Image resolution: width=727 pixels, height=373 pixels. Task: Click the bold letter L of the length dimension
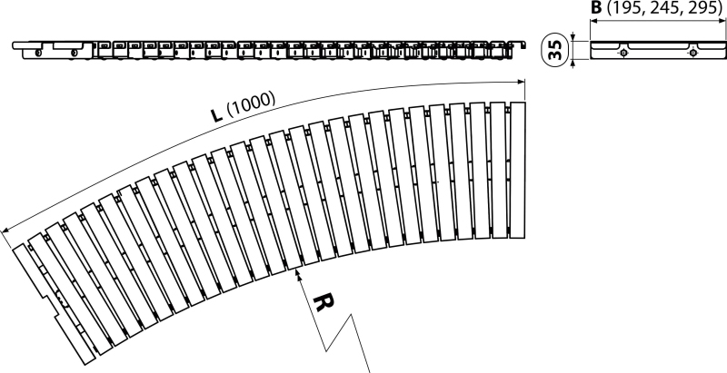click(216, 113)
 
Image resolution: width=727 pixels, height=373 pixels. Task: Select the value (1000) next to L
click(251, 104)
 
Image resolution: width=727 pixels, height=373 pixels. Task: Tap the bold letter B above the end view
click(596, 8)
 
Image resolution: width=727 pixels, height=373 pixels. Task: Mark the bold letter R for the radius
click(324, 301)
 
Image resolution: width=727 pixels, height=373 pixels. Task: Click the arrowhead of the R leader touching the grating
click(298, 274)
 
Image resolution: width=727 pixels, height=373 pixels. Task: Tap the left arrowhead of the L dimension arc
click(6, 231)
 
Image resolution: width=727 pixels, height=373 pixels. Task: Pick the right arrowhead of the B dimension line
click(722, 21)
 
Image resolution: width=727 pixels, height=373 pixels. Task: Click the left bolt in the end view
click(624, 53)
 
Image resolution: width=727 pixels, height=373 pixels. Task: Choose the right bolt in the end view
click(692, 53)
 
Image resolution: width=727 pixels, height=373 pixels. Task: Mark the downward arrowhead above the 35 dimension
click(573, 37)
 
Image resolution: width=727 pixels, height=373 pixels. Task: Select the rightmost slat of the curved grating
click(517, 171)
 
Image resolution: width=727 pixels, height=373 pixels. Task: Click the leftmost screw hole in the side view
click(38, 53)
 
